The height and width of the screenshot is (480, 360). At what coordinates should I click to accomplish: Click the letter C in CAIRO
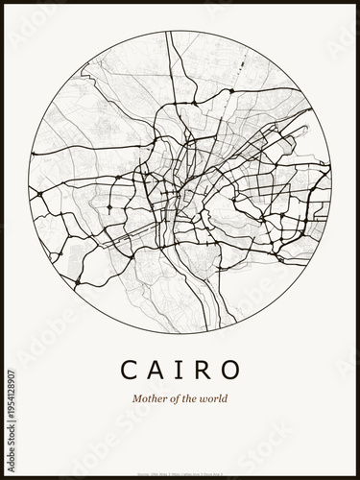[x=130, y=369]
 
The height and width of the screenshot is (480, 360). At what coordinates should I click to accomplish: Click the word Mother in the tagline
[x=148, y=399]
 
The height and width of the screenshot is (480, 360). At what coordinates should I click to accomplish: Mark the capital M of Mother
[x=137, y=399]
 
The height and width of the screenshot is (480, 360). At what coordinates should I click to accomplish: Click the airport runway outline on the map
[x=240, y=67]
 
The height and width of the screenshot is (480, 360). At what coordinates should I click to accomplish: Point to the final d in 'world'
[x=225, y=399]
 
